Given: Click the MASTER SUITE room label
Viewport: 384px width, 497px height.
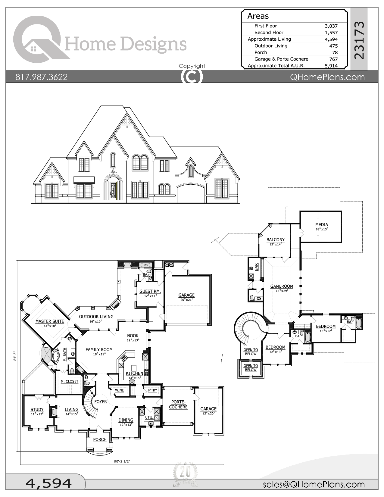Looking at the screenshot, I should tap(50, 321).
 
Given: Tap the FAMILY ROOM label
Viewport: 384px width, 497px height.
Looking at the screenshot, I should tap(99, 350).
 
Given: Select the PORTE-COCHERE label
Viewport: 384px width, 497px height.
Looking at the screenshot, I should tap(178, 405).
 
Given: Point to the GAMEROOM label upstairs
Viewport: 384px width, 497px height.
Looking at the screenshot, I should tap(282, 286).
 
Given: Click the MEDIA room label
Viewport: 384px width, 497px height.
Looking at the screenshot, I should tap(322, 225).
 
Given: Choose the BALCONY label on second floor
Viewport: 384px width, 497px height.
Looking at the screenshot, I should tap(276, 240).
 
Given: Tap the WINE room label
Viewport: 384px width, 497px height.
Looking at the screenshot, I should tap(119, 390).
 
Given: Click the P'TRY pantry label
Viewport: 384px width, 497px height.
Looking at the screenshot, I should tap(153, 390).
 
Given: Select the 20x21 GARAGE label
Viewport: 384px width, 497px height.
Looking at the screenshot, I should tap(186, 295).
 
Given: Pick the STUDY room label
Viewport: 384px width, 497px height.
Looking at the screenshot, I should tap(37, 410).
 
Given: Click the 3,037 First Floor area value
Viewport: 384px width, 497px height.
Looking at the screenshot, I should tap(331, 26).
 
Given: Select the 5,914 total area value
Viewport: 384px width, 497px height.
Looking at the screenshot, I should tap(331, 66).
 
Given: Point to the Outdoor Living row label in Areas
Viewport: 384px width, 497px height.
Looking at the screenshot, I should tap(271, 46).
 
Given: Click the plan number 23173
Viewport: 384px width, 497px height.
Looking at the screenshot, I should tap(359, 40).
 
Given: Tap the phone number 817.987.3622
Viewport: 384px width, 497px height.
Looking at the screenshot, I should tap(42, 77).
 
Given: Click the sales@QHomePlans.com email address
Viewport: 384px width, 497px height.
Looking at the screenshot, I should tap(314, 484).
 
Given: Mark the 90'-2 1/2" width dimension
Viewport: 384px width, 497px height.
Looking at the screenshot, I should tap(122, 461).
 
